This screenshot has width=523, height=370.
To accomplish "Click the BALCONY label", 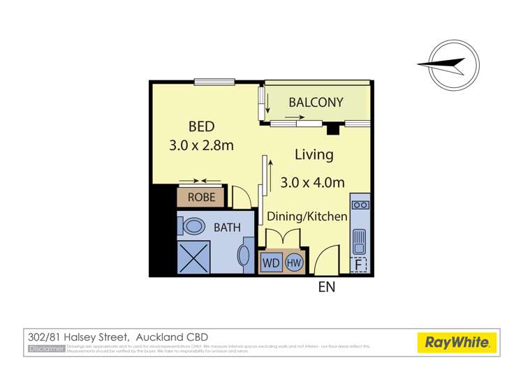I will coord(316,103).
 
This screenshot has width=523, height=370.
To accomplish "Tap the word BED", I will coord(201,127).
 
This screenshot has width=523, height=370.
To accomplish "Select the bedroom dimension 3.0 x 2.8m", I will coord(201,146).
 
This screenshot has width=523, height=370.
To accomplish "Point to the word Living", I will coord(314,154).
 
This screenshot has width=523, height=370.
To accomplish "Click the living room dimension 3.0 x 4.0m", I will coord(313,183).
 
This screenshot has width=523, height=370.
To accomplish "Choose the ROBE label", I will coord(201,197).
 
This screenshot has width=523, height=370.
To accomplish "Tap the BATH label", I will coord(227,227).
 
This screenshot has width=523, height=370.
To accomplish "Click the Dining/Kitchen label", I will coord(307,217).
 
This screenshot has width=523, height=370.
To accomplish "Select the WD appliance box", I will coord(271,263).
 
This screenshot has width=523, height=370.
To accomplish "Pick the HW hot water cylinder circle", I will coord(293,263).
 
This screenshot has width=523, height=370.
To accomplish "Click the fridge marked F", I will coord(360,265).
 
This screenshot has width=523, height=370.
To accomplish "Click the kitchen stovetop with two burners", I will coord(360,205).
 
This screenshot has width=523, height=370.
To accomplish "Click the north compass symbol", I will coord(452,65).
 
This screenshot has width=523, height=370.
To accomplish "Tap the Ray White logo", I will coord(457,342).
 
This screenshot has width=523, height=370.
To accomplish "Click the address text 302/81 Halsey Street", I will coord(78,336).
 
